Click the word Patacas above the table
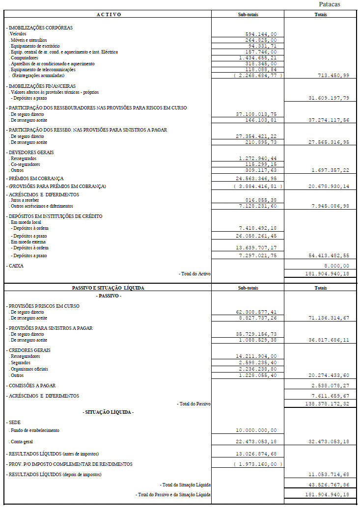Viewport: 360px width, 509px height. pos(329,4)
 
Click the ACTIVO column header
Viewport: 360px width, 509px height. pos(109,14)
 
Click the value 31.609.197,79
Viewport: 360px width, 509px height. pos(329,98)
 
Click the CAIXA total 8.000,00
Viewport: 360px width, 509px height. pos(337,266)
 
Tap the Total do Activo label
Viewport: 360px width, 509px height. pos(194,273)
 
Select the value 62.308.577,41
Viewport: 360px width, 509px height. pos(256,312)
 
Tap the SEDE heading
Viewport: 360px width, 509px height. pos(13,422)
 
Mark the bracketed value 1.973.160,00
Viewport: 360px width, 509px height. pos(258,464)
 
